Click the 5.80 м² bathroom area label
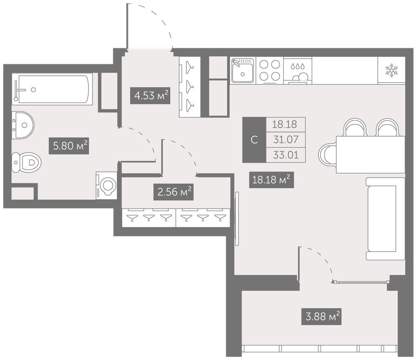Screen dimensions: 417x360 tap(69, 146)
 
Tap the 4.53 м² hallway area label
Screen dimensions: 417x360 tap(150, 95)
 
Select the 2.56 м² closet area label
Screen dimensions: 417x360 tap(173, 192)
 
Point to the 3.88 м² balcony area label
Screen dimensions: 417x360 tap(321, 317)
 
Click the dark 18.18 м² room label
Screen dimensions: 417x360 tap(271, 180)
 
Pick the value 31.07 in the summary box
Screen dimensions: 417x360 tap(286, 139)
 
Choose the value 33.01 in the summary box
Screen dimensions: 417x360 tap(286, 155)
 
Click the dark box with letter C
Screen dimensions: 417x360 tap(254, 139)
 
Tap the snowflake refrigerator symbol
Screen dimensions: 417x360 tap(392, 70)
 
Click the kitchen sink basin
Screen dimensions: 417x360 tap(242, 70)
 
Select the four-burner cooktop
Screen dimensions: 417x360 tap(270, 70)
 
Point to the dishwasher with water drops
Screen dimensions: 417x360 tap(298, 70)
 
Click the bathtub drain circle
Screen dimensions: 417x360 tap(33, 90)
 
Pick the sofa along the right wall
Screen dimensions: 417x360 tap(386, 218)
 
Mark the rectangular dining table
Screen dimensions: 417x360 tap(371, 154)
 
